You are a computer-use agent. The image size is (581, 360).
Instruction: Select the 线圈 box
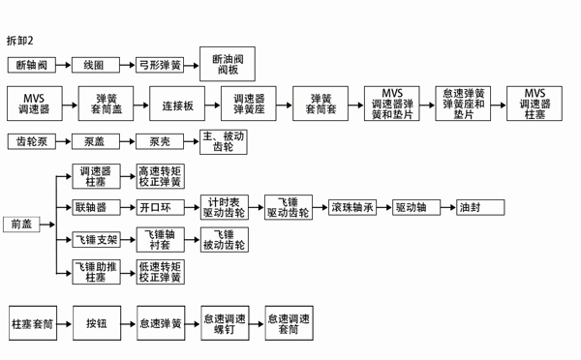[x=94, y=66]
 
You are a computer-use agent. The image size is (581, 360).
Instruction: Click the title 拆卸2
[x=20, y=41]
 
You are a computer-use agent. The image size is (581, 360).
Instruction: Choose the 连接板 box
[x=173, y=105]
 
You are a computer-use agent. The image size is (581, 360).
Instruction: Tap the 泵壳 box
[x=160, y=141]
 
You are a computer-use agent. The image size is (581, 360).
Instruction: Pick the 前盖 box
[x=21, y=224]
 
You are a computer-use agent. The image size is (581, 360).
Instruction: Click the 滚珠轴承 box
[x=352, y=207]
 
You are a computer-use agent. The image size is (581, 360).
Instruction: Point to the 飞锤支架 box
[x=97, y=240]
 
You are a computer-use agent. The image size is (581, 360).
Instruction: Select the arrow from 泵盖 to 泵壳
[x=128, y=141]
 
